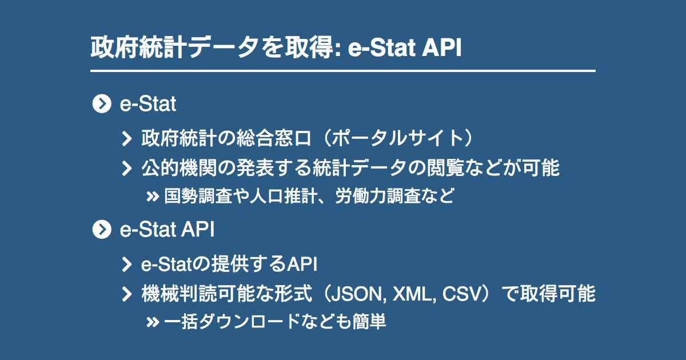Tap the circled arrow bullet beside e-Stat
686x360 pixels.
pos(101,104)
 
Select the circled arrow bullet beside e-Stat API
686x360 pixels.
pos(101,230)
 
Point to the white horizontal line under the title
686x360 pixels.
pos(343,71)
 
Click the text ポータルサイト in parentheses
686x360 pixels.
pos(398,138)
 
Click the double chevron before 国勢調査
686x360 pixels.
pos(152,197)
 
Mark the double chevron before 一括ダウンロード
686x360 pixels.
pos(152,322)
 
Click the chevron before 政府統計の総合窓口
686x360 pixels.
pos(127,138)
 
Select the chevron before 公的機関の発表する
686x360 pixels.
pos(127,169)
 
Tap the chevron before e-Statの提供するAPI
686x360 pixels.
pos(127,264)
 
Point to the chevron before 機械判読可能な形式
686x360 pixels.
pos(127,295)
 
